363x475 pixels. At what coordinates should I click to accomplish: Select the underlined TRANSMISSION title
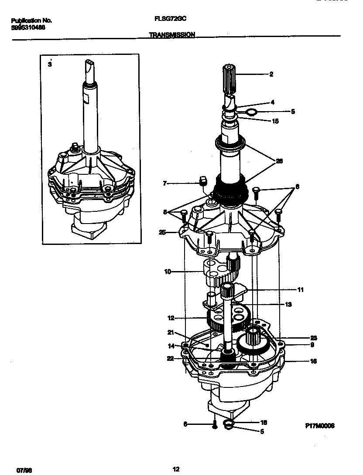[x=172, y=35]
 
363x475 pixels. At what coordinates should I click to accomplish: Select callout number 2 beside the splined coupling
[x=271, y=75]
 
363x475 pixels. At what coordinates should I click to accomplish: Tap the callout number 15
[x=275, y=121]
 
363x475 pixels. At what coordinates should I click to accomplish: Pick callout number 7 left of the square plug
[x=164, y=183]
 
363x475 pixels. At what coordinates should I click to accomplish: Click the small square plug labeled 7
[x=202, y=181]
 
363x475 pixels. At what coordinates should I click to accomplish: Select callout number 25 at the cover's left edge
[x=162, y=232]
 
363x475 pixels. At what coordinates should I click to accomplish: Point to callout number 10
[x=168, y=272]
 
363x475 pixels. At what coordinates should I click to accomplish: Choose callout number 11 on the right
[x=301, y=290]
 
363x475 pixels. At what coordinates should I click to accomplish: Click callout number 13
[x=288, y=305]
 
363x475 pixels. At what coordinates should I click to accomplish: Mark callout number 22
[x=171, y=358]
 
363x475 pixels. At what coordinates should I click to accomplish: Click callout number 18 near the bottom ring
[x=264, y=423]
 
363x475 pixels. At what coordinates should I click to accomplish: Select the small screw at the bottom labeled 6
[x=215, y=426]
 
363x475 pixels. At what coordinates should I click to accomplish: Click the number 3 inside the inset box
[x=50, y=64]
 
